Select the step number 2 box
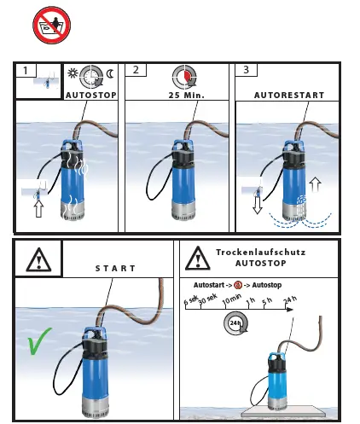pos(136,71)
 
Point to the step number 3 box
pos(246,71)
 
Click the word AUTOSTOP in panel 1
pos(90,95)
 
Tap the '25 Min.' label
pos(179,95)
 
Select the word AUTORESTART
pos(288,95)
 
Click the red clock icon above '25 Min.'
pos(181,77)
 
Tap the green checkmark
pos(39,343)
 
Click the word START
pos(114,268)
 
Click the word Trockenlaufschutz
pos(260,253)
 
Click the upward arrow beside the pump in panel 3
pos(316,183)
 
